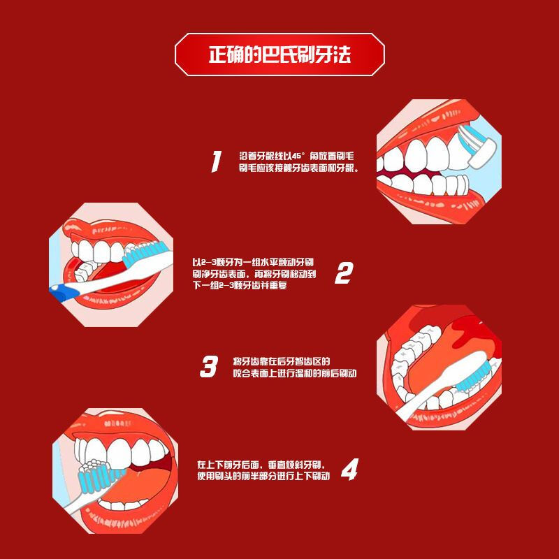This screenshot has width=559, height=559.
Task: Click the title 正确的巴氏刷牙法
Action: [x=279, y=54]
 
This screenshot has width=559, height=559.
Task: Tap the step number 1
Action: [x=217, y=162]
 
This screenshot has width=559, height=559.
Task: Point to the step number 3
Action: [x=209, y=367]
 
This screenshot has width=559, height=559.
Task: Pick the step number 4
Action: [x=349, y=470]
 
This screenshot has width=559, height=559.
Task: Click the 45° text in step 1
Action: [x=299, y=155]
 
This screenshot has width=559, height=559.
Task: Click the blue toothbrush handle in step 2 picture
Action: [x=66, y=291]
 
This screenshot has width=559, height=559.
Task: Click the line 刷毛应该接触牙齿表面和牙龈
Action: [x=298, y=169]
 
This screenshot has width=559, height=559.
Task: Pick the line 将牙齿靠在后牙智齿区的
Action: [x=281, y=361]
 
